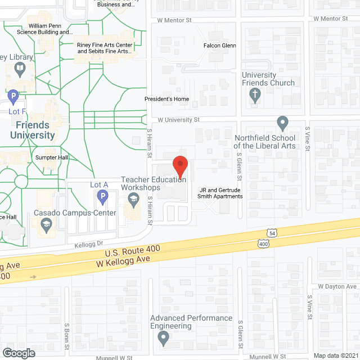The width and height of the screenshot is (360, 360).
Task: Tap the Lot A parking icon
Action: (x=102, y=196)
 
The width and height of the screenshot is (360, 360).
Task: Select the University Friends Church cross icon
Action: (x=256, y=96)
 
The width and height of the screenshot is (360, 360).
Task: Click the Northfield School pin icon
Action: (x=282, y=123)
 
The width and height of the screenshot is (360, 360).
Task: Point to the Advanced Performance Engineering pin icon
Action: (x=163, y=339)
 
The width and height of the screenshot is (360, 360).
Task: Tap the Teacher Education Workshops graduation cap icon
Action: (x=133, y=199)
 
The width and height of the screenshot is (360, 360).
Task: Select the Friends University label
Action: (x=33, y=130)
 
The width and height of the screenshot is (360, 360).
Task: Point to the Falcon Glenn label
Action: (x=219, y=46)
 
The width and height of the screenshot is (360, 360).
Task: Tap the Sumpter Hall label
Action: (x=51, y=157)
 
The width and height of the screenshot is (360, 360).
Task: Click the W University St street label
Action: (x=179, y=120)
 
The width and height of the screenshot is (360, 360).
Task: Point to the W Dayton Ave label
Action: (x=336, y=286)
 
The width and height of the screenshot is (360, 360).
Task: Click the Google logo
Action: (x=19, y=353)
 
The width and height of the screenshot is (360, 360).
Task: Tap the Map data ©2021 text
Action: (x=335, y=355)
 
